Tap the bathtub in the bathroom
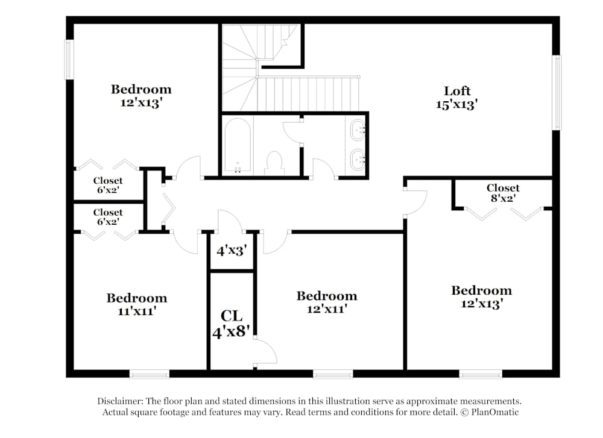click(236, 146)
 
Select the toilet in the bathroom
click(274, 162)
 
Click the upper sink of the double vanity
click(358, 128)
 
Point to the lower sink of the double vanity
click(358, 158)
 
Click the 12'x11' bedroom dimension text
click(326, 309)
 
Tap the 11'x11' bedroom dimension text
click(137, 311)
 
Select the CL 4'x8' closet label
click(232, 324)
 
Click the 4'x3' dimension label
click(232, 251)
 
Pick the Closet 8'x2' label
click(503, 193)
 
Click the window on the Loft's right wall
click(557, 92)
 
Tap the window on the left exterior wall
click(69, 59)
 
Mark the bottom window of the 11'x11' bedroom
click(150, 374)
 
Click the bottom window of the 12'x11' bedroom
click(332, 374)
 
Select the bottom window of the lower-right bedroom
click(480, 374)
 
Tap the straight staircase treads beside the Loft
click(309, 93)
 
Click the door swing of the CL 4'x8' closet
click(265, 352)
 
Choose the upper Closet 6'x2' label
click(108, 185)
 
